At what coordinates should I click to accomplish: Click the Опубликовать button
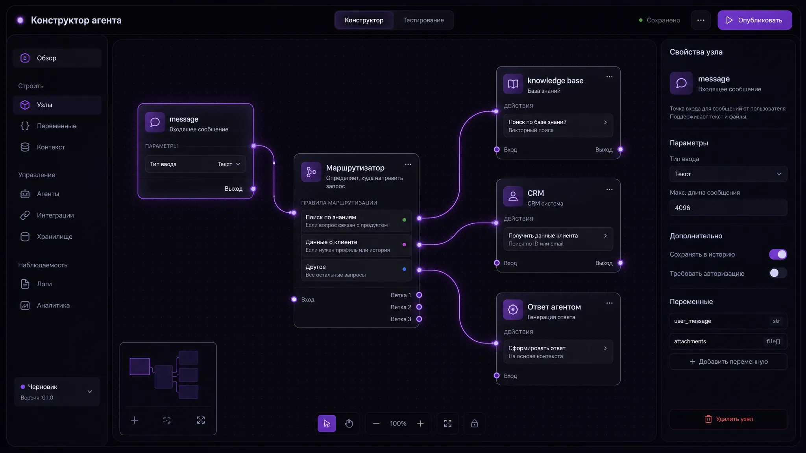(754, 20)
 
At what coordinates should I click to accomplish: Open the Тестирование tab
(423, 20)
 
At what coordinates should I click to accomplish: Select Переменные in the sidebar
(57, 126)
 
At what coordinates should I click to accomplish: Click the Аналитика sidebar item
(57, 305)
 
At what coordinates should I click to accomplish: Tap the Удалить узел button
(728, 419)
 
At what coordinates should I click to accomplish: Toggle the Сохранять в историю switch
(778, 254)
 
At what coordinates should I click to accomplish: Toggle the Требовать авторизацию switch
(778, 273)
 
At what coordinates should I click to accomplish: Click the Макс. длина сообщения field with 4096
(728, 208)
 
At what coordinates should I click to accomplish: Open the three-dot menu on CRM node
(609, 189)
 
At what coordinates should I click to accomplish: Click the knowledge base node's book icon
(513, 84)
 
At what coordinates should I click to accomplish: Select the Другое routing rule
(357, 270)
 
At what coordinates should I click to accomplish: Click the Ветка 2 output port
(419, 307)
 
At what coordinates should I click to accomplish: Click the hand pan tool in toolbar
(349, 424)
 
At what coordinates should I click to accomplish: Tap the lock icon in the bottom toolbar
(474, 424)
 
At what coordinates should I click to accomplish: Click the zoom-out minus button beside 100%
(376, 424)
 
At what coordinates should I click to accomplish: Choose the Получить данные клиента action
(558, 239)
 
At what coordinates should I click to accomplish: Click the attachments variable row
(728, 341)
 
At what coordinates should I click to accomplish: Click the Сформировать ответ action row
(558, 352)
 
